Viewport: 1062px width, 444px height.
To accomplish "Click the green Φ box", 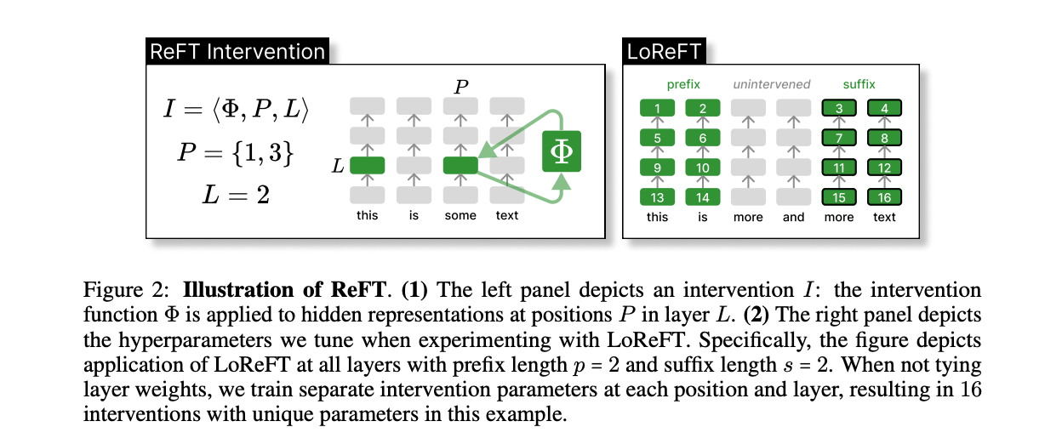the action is [x=562, y=151].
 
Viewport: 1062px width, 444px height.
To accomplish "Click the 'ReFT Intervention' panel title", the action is [x=237, y=51].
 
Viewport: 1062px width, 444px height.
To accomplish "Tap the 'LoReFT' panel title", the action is [x=664, y=51].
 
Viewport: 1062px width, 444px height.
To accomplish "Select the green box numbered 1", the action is [x=657, y=108].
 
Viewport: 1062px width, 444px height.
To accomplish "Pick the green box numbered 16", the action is [x=884, y=197].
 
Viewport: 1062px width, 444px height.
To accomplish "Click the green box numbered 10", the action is [x=703, y=168].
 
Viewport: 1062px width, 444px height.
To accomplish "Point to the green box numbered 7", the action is [x=839, y=138].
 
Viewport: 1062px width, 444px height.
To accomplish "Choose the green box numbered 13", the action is [x=657, y=197].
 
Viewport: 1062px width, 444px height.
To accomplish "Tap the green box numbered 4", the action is [x=884, y=108].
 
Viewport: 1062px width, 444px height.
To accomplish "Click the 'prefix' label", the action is [x=683, y=84].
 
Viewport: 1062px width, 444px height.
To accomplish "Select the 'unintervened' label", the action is [x=771, y=84].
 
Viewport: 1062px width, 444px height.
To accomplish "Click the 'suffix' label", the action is [x=859, y=84].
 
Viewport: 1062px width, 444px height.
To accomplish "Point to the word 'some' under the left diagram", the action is [x=460, y=215].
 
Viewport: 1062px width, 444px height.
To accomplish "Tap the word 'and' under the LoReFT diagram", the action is [x=793, y=217].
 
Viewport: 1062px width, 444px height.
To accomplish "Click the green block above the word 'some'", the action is [x=460, y=165].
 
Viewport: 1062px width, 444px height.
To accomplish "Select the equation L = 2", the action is [x=236, y=194].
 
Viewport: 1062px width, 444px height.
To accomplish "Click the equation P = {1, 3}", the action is [x=236, y=153].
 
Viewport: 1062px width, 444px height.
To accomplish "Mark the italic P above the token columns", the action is [x=461, y=87].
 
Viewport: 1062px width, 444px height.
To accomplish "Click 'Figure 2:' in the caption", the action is [x=126, y=289].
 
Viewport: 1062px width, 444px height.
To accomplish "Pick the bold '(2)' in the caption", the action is [x=757, y=315].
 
